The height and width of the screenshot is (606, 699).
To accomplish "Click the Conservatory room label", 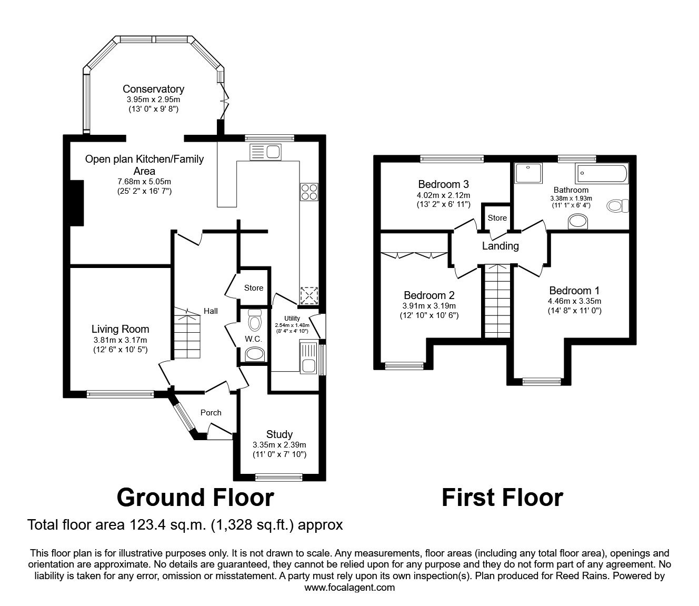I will [x=153, y=89].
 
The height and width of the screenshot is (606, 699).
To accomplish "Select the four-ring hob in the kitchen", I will [x=309, y=192].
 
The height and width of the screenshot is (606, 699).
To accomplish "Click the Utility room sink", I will [x=307, y=358].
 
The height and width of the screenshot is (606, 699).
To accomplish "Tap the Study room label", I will [x=279, y=434].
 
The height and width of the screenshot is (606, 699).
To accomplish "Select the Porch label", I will [x=211, y=412].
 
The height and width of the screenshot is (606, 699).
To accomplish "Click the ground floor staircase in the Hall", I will [x=187, y=334].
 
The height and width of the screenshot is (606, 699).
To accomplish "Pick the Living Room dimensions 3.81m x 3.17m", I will [x=121, y=340].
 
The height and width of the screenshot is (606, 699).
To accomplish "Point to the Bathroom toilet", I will [x=617, y=205].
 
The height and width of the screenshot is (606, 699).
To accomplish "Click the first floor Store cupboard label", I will [x=497, y=217].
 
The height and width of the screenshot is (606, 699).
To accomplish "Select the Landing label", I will [x=500, y=246].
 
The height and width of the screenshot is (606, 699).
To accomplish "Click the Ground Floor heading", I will [x=195, y=497].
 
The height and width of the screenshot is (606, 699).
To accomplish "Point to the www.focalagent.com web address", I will [x=349, y=587].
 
